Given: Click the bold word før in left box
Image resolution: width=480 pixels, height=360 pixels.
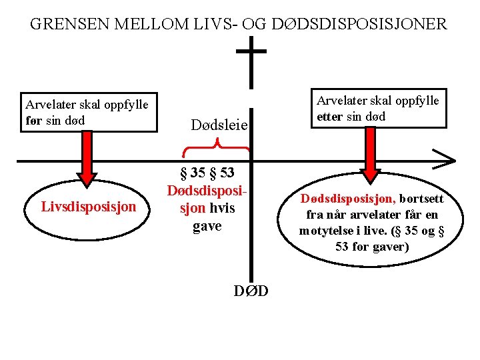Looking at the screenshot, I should tap(35, 119).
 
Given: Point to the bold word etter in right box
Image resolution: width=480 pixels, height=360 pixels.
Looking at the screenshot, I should tap(331, 116).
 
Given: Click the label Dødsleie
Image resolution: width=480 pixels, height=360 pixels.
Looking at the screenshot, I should tap(219, 125).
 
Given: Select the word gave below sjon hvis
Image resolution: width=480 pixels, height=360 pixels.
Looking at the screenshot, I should tap(207, 226).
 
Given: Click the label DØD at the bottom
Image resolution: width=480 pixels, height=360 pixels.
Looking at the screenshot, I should tap(251, 291).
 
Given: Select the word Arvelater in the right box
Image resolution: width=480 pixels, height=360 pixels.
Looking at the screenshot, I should tap(341, 101).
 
